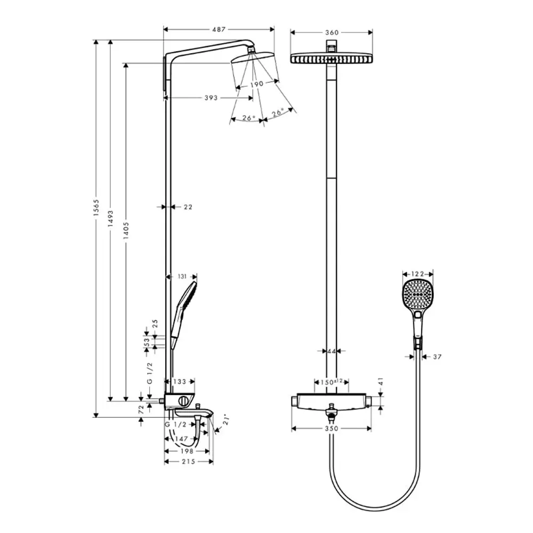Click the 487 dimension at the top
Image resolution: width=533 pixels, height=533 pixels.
[219, 29]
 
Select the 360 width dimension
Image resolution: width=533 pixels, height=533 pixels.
[332, 33]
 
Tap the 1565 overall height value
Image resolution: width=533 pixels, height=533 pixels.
[96, 208]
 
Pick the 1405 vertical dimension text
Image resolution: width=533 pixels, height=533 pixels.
[126, 230]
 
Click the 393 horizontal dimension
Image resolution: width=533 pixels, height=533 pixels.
[211, 98]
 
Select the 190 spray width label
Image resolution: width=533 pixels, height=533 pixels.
[257, 84]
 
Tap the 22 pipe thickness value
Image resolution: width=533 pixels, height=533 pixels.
[188, 207]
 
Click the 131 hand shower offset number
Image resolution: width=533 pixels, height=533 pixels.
[182, 277]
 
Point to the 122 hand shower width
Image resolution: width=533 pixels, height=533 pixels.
[417, 274]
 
